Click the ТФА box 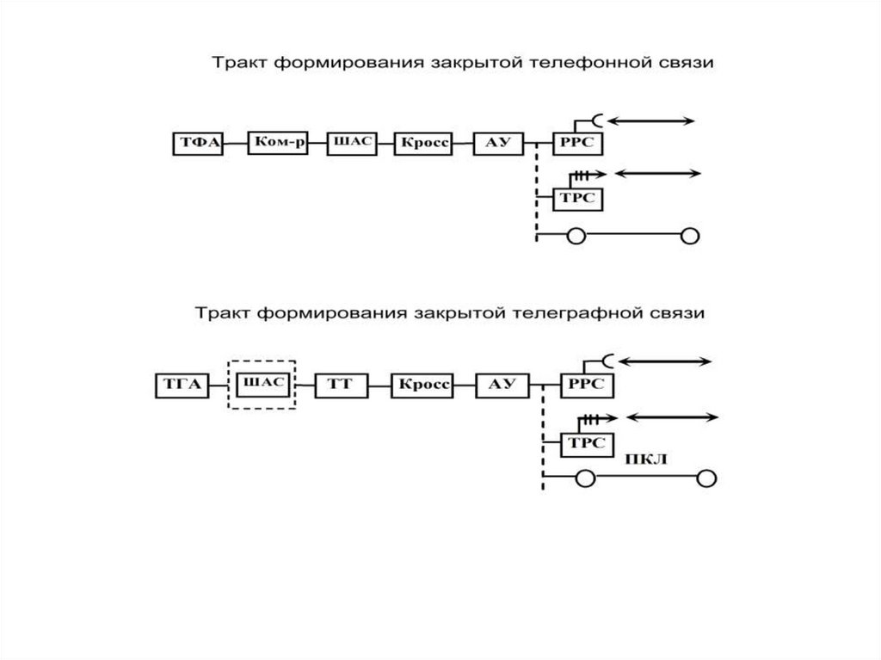tap(196, 145)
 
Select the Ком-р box tap(277, 143)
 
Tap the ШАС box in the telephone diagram tap(351, 143)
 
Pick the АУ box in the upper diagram tap(499, 144)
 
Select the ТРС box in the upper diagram tap(576, 197)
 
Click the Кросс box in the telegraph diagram tap(422, 385)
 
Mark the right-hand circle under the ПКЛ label tap(706, 478)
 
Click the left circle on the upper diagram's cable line tap(575, 236)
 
